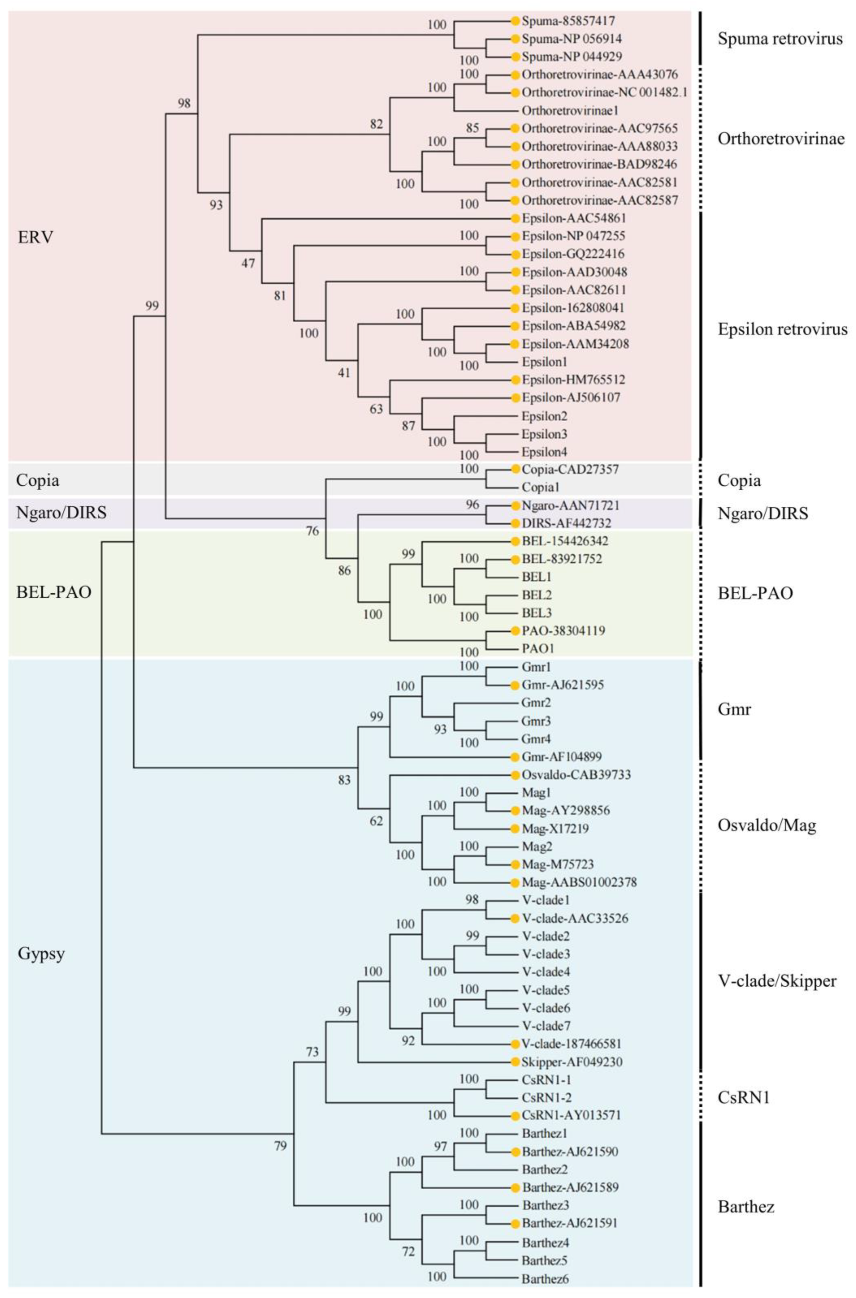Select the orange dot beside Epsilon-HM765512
tap(514, 380)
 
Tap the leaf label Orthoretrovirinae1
tap(570, 110)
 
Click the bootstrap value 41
tap(344, 373)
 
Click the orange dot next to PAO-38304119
tap(514, 631)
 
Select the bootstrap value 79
tap(280, 1146)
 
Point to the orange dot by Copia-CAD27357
tap(514, 469)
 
